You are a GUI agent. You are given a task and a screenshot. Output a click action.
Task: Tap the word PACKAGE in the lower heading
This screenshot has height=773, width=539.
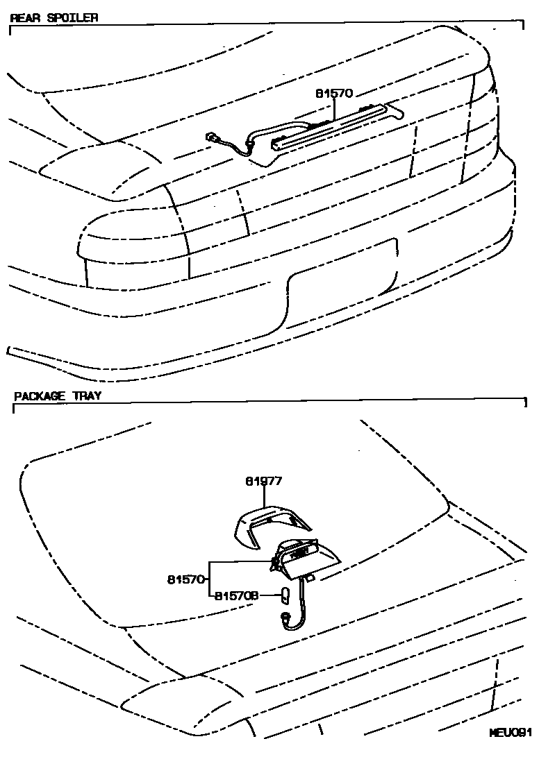39,396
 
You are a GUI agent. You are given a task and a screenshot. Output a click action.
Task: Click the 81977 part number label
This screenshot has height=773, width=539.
264,481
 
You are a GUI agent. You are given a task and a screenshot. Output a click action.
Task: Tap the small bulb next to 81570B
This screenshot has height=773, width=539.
285,595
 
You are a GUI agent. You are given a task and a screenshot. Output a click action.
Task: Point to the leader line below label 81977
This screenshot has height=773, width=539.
264,496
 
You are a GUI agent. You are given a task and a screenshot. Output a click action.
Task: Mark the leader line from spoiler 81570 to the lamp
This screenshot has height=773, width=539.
334,109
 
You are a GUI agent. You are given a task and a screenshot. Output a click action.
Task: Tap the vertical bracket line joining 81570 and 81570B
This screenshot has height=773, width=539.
210,579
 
